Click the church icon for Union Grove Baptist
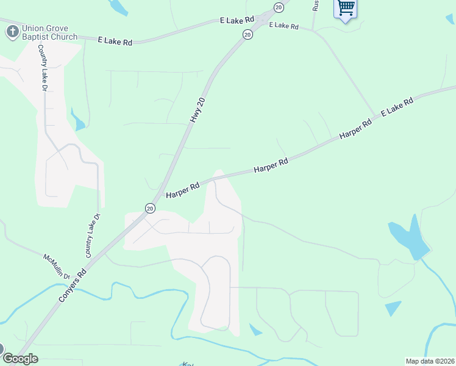[11, 32]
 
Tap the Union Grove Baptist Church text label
[49, 32]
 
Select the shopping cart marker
[346, 9]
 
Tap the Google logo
[20, 359]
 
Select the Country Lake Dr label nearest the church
[43, 68]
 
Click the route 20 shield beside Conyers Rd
[150, 208]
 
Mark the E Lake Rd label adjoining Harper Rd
[397, 107]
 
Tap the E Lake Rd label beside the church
[115, 41]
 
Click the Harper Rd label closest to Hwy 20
[183, 190]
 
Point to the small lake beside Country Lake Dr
[78, 120]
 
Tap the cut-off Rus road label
[315, 5]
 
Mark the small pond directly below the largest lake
[393, 308]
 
